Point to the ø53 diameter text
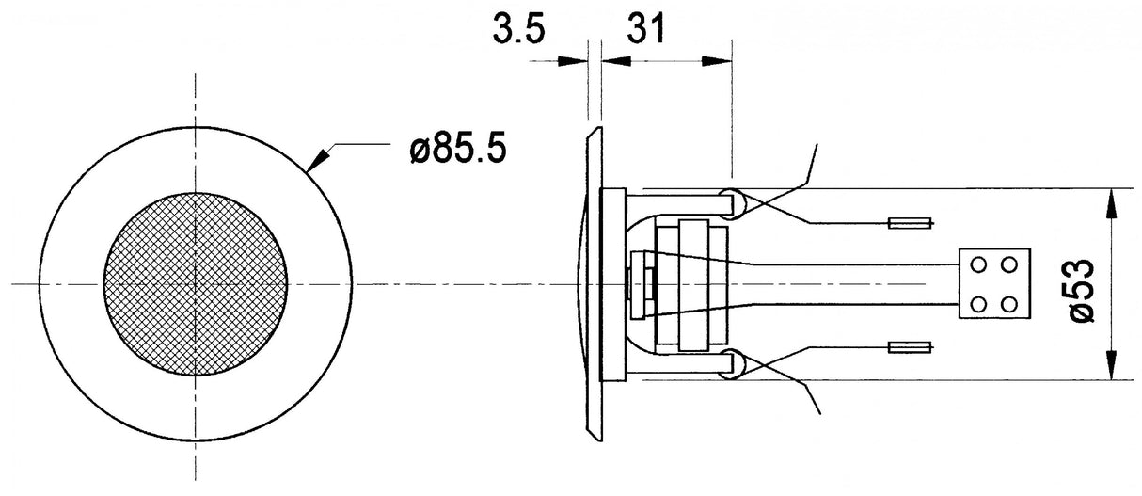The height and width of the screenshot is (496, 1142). click(1082, 292)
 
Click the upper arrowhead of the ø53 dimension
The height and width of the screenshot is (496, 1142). click(1112, 201)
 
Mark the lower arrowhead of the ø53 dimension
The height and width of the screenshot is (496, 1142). click(1112, 365)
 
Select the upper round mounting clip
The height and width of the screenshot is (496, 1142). click(731, 202)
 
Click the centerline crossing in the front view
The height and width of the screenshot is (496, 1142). click(195, 283)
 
